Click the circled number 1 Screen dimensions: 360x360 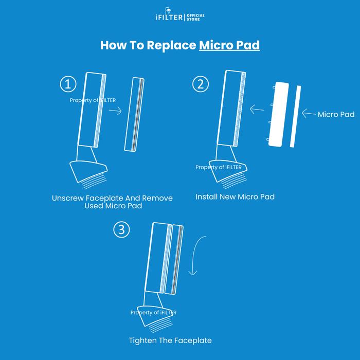68,84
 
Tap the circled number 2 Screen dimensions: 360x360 201,84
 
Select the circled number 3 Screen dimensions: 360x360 121,229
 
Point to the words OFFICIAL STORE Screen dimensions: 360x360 195,17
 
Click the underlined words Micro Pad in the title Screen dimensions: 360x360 229,45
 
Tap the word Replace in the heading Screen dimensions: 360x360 171,45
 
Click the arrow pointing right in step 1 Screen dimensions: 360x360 115,112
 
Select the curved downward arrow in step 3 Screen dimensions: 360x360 194,255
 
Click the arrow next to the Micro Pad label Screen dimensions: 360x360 309,114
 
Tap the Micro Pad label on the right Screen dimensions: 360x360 336,114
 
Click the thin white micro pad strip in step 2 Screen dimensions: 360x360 295,116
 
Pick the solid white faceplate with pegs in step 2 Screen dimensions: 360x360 278,114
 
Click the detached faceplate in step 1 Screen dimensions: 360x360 134,114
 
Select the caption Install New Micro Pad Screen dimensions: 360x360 235,197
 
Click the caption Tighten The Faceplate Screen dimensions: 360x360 170,340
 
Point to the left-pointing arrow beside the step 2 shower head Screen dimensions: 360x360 257,109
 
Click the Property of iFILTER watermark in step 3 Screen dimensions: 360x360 153,313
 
